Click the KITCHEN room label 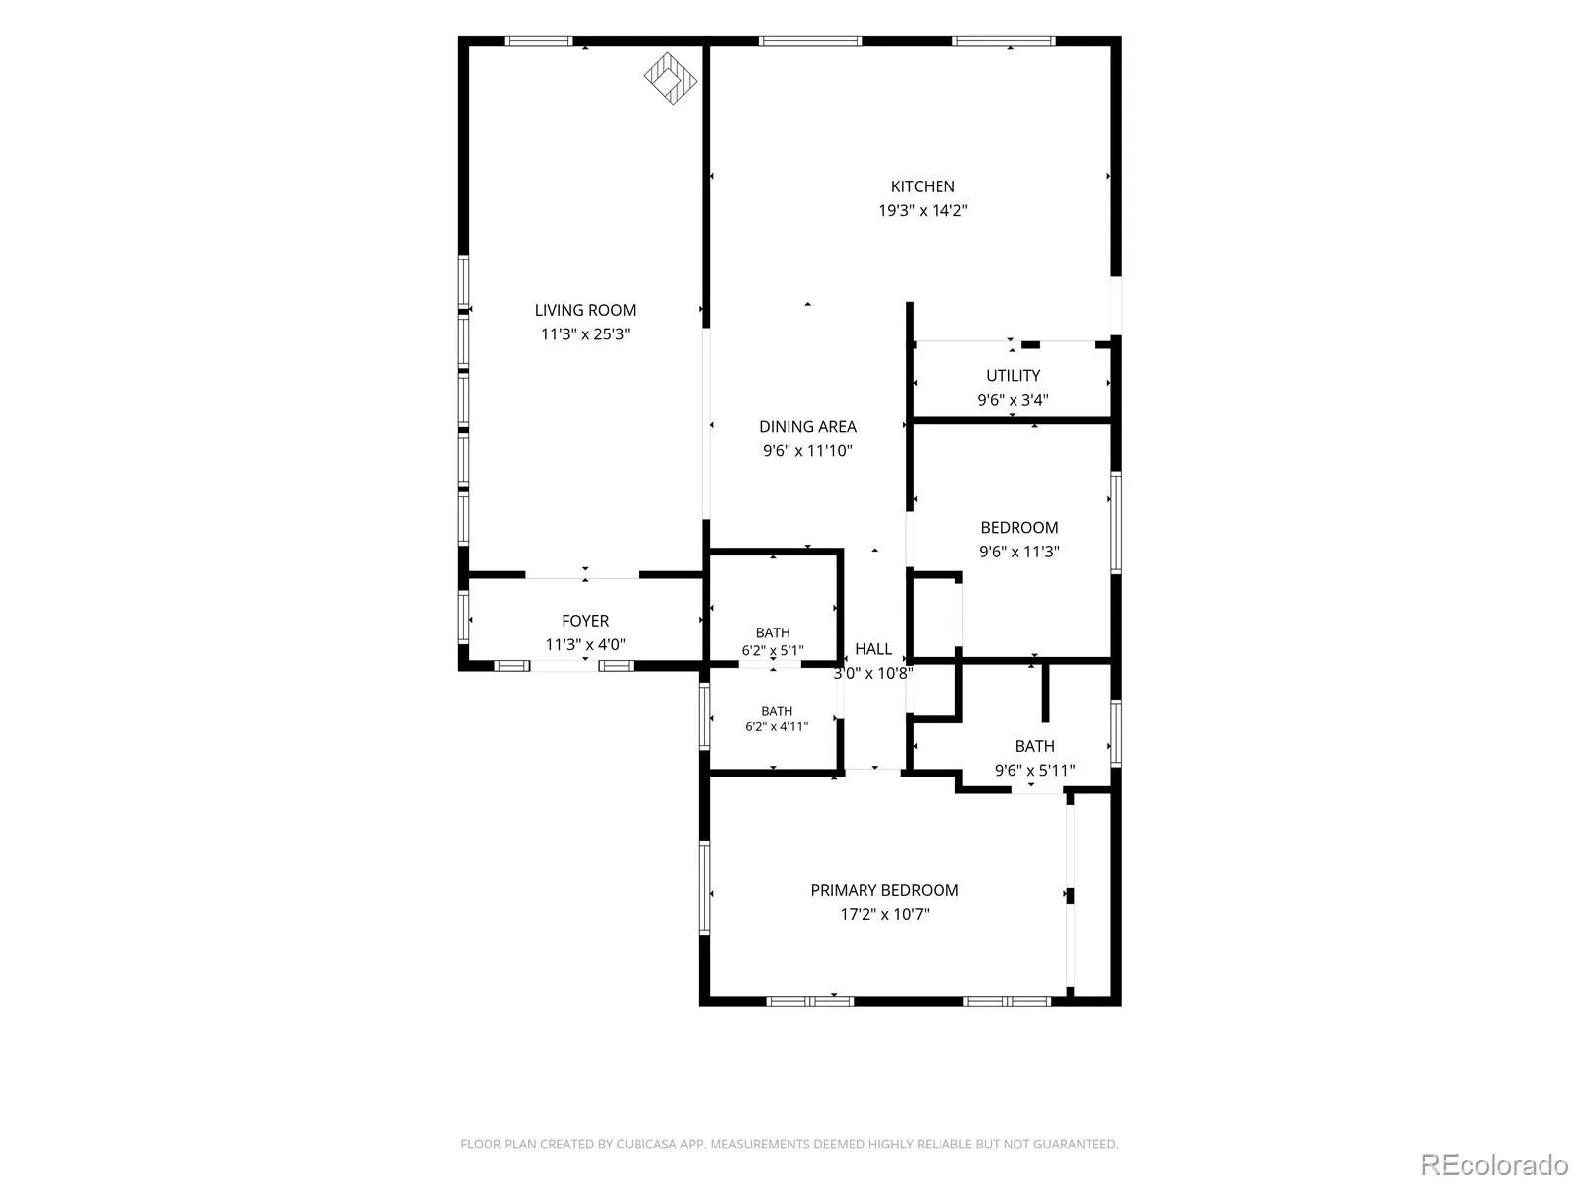click(922, 186)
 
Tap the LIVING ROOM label click(585, 310)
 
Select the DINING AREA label click(807, 427)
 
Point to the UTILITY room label click(1013, 375)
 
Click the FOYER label click(585, 621)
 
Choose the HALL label click(873, 649)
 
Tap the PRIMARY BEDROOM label click(884, 890)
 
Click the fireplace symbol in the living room click(670, 78)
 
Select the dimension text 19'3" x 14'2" click(922, 210)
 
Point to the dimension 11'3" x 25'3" click(585, 334)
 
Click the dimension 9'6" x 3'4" click(1013, 400)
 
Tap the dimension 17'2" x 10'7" click(884, 914)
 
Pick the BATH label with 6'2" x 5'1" click(773, 632)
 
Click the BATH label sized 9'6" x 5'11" click(1034, 746)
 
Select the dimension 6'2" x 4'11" click(777, 727)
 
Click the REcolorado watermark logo click(1494, 1164)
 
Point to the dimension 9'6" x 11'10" click(807, 451)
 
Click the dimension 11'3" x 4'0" click(585, 645)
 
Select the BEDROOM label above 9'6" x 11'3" click(1018, 528)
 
